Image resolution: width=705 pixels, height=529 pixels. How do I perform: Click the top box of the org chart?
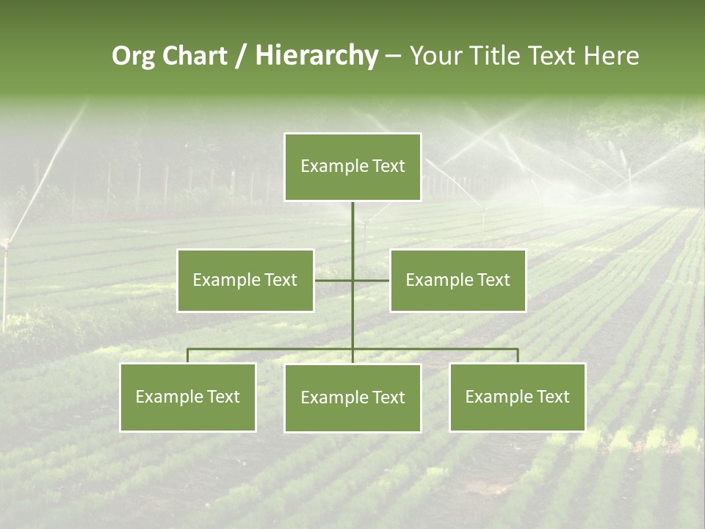coord(352,167)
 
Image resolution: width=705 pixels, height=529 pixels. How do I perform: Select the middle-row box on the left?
coord(245,280)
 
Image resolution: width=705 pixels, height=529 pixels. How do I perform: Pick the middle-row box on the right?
coord(458,280)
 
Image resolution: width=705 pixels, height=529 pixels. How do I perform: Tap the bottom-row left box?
coord(188,397)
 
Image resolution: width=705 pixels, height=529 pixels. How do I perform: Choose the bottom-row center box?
coord(352,397)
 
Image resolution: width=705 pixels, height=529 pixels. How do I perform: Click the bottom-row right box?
coord(517,397)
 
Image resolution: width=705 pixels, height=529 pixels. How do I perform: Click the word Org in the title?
coord(133,56)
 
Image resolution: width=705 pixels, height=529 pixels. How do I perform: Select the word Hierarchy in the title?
coord(316,56)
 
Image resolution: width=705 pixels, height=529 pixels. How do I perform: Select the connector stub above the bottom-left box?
coord(188,356)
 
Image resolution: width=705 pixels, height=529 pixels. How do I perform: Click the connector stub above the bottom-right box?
coord(517,356)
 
